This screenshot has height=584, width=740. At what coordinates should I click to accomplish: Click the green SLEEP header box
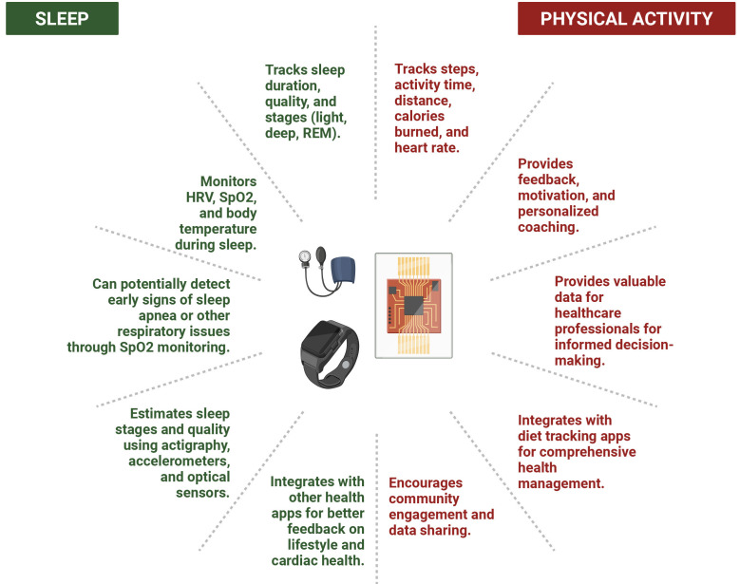[62, 19]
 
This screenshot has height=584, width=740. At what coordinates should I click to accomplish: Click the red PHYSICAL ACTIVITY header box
[626, 19]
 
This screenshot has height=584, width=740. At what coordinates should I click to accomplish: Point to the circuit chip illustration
[413, 306]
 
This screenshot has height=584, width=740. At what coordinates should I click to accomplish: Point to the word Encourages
[427, 482]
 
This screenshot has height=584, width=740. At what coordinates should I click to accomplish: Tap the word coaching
[550, 228]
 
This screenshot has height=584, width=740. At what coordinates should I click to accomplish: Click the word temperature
[217, 229]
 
